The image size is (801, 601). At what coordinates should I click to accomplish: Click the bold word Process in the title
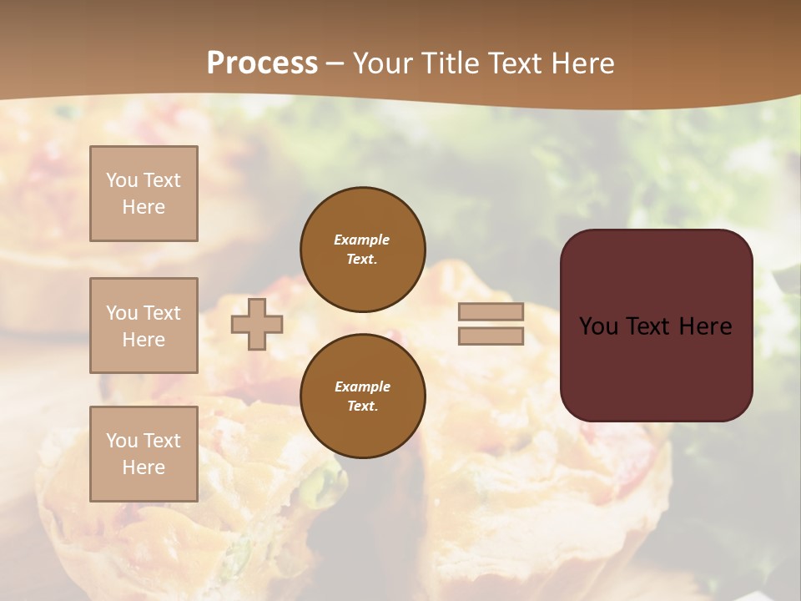[x=262, y=63]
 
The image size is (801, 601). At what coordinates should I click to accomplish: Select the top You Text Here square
[x=144, y=194]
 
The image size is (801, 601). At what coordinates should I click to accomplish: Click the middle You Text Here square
[x=144, y=326]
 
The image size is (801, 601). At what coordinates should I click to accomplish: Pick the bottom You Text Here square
[x=144, y=454]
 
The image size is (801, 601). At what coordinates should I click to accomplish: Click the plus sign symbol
[x=257, y=324]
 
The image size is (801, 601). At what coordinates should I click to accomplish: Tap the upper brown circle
[x=362, y=250]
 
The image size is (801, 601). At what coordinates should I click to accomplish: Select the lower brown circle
[x=362, y=396]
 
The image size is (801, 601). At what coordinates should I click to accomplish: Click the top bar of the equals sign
[x=491, y=312]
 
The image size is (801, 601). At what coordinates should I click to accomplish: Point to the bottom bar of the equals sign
[x=491, y=336]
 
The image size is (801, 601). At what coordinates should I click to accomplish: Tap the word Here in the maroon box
[x=705, y=326]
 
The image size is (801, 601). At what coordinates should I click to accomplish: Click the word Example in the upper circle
[x=362, y=240]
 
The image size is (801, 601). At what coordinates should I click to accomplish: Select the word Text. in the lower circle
[x=362, y=407]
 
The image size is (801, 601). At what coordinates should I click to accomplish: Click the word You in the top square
[x=122, y=180]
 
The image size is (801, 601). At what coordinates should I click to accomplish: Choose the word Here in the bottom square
[x=144, y=467]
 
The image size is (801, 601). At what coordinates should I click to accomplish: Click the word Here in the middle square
[x=144, y=340]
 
